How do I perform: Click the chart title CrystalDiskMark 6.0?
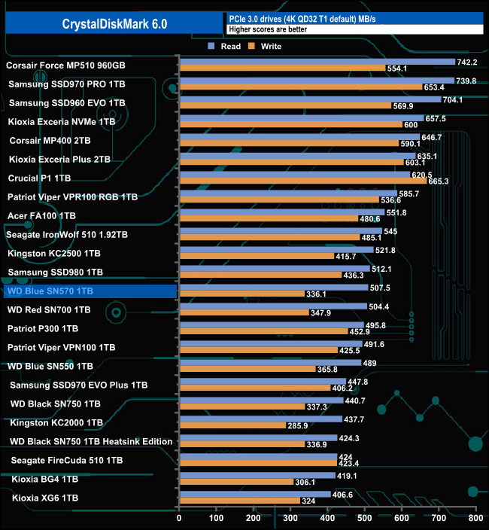(115, 24)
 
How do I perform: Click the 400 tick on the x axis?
(327, 518)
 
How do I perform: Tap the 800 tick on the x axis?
(475, 518)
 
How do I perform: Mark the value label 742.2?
(467, 62)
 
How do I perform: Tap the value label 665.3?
(438, 181)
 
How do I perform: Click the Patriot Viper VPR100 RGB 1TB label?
(72, 196)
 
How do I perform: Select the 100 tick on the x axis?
(216, 518)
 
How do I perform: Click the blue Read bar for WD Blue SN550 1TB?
(270, 363)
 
